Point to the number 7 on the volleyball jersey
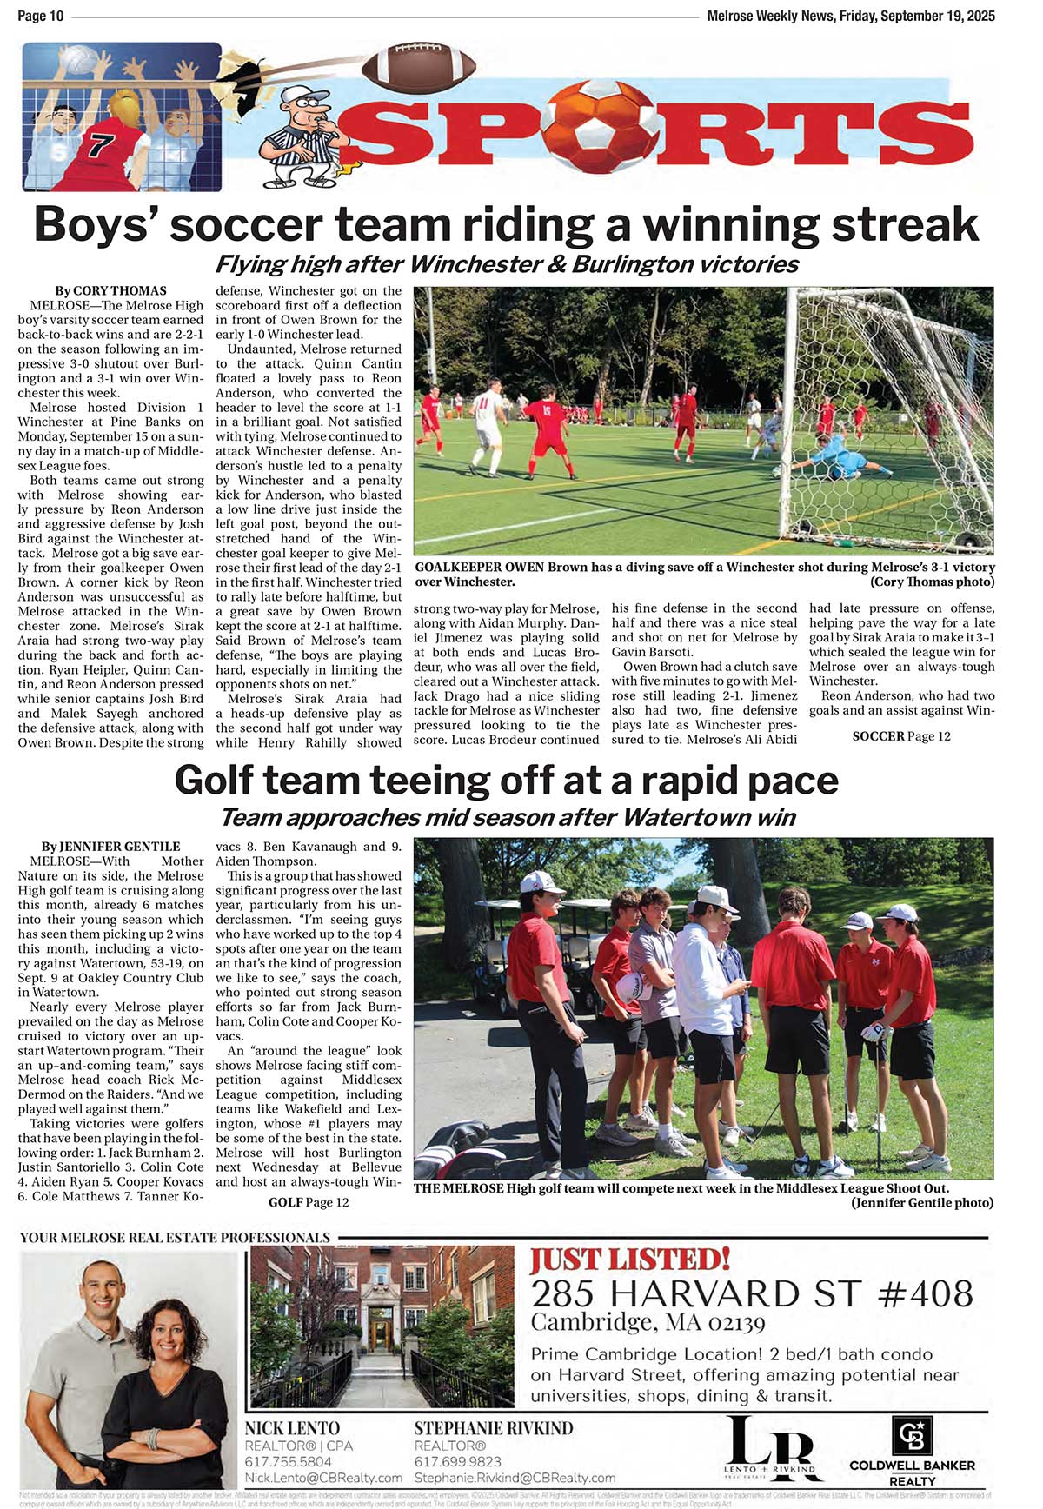point(98,145)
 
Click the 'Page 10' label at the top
point(40,16)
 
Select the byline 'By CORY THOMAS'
point(110,291)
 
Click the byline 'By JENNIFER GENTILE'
point(110,847)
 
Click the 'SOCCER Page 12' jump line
point(901,736)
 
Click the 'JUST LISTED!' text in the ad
point(630,1260)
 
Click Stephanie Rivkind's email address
point(515,1478)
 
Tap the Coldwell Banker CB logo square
point(912,1436)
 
